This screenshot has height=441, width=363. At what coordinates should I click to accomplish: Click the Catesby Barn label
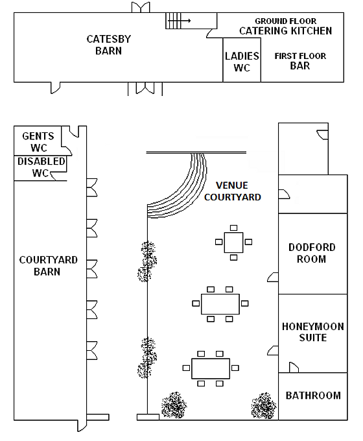click(109, 45)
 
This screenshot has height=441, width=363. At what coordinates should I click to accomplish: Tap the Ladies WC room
click(242, 62)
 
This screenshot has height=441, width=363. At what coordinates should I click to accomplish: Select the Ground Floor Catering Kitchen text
click(285, 27)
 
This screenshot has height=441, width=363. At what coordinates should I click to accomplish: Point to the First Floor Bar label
click(300, 61)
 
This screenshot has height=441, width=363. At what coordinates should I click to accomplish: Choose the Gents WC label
click(38, 142)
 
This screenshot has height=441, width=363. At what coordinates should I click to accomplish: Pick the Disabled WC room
click(41, 167)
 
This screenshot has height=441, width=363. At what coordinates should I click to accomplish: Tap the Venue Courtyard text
click(233, 191)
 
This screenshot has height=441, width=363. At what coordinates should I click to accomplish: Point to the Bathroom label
click(313, 395)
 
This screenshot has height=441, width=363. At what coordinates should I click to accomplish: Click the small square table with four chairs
click(233, 243)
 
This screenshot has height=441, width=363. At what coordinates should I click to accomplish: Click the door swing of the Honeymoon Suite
click(292, 367)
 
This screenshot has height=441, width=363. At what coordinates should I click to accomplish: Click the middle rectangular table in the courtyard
click(220, 303)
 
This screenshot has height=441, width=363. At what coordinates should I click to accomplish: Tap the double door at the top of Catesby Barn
click(142, 7)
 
